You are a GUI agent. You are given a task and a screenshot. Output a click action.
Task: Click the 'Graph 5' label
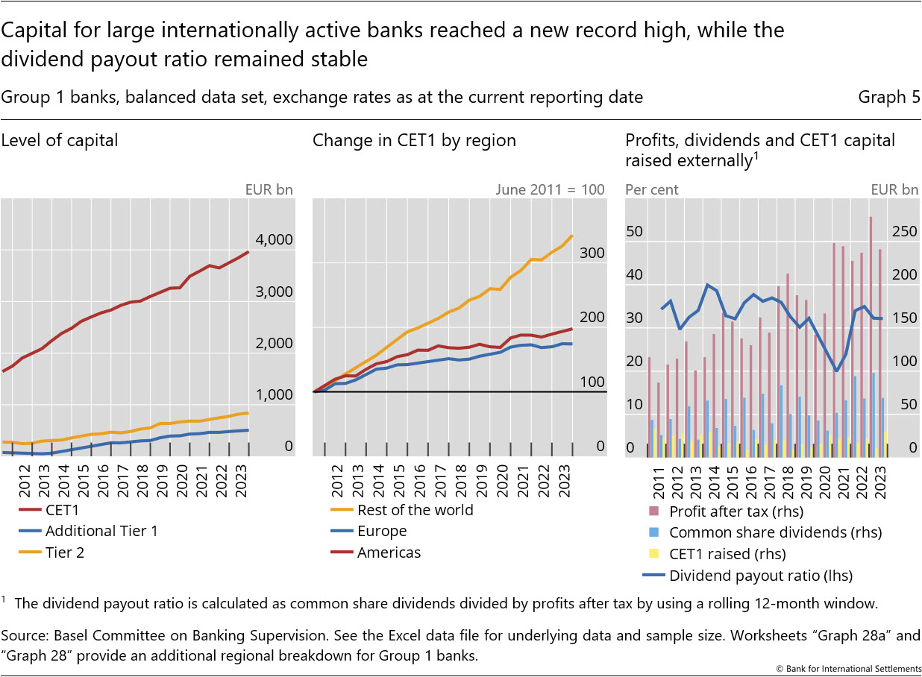[888, 97]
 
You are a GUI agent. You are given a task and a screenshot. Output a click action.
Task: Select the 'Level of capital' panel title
[60, 140]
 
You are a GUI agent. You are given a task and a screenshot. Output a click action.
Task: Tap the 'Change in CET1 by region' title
[414, 140]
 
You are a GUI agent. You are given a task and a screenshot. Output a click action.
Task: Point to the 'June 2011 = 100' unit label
[550, 189]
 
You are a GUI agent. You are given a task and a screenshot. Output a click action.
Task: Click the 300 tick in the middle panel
[592, 253]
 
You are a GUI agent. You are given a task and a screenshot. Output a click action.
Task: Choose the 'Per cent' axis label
[651, 189]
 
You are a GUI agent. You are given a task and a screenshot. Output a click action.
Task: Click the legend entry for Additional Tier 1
[101, 531]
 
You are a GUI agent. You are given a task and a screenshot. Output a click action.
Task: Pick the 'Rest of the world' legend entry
[415, 510]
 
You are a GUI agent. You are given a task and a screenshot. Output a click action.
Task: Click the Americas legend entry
[389, 552]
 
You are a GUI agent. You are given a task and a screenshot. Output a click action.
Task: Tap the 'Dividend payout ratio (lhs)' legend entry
[760, 575]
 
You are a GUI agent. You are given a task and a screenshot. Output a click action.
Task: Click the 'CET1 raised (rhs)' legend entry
[727, 554]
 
